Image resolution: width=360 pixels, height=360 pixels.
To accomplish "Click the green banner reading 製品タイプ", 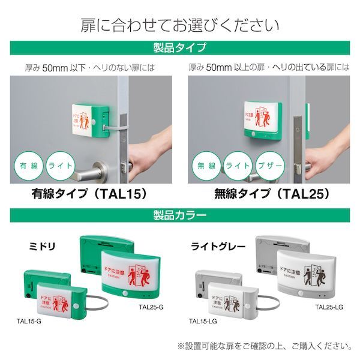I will [x=180, y=47].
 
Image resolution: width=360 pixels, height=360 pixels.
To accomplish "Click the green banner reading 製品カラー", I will [x=180, y=214].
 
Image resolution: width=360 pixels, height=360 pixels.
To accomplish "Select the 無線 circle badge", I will [x=206, y=166].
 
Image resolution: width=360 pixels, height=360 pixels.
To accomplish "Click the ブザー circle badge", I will [x=272, y=166].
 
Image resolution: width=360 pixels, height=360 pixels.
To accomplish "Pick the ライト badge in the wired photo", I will [x=61, y=166].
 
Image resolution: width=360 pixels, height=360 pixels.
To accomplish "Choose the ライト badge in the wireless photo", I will [x=239, y=166].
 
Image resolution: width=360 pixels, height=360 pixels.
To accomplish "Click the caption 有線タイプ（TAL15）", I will [x=90, y=194].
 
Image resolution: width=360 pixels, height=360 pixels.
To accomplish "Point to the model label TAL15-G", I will [x=29, y=321].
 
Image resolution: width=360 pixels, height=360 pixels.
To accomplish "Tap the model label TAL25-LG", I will [x=329, y=307].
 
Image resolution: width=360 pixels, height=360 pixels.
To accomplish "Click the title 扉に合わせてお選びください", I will [x=180, y=25].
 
